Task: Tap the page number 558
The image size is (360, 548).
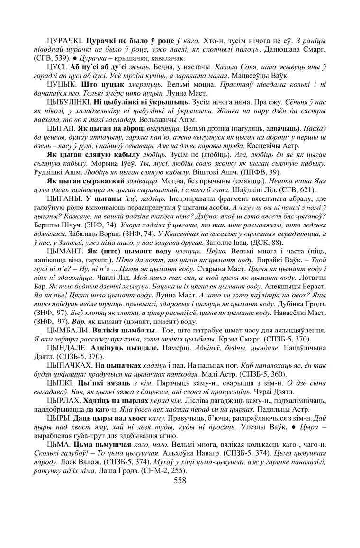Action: [180, 481]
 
